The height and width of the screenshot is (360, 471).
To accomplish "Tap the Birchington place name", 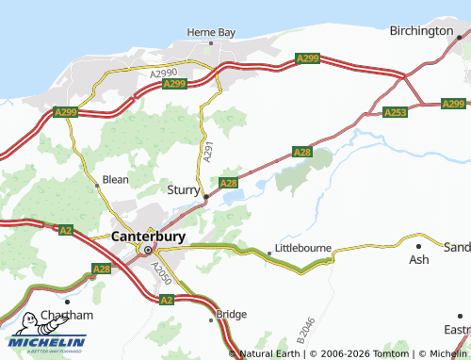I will click(421, 31).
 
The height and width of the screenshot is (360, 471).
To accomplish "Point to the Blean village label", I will click(115, 179).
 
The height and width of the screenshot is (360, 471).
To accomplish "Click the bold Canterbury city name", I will click(148, 236).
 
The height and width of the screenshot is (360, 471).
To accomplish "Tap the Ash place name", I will click(418, 258).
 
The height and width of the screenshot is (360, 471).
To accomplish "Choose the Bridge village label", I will click(232, 314).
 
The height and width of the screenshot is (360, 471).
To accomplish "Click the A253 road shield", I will click(396, 112).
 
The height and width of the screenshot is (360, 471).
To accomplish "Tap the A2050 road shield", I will click(161, 274).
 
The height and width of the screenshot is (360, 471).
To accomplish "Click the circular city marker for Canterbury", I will click(147, 250).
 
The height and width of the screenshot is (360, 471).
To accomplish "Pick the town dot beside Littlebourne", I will click(268, 253).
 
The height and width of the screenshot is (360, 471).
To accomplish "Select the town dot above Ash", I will click(418, 246).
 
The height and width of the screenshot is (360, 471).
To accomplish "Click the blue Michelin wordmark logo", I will click(47, 342).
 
